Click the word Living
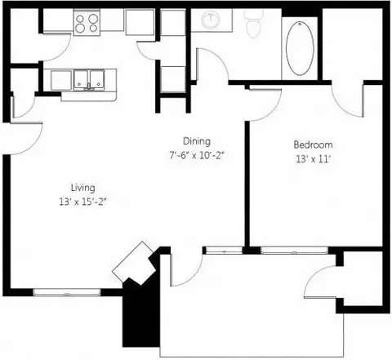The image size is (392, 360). pyautogui.click(x=82, y=188)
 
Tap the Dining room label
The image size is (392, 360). pyautogui.click(x=197, y=141)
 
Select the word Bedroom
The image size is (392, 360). pyautogui.click(x=313, y=144)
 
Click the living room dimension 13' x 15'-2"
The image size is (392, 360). pyautogui.click(x=82, y=202)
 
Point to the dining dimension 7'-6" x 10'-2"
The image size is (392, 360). pyautogui.click(x=197, y=156)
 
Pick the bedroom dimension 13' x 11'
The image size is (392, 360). pyautogui.click(x=313, y=159)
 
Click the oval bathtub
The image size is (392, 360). pyautogui.click(x=300, y=48)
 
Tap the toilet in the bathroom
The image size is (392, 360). pyautogui.click(x=254, y=24)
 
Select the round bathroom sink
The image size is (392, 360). pyautogui.click(x=211, y=20)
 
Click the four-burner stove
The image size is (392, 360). pyautogui.click(x=87, y=23)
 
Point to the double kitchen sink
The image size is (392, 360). pyautogui.click(x=89, y=80)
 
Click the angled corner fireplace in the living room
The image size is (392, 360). pyautogui.click(x=134, y=263)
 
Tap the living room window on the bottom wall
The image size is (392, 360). pyautogui.click(x=67, y=292)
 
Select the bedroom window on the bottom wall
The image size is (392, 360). pyautogui.click(x=294, y=250)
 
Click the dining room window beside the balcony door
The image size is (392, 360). pyautogui.click(x=224, y=250)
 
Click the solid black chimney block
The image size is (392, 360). pyautogui.click(x=140, y=313)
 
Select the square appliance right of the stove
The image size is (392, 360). pyautogui.click(x=140, y=22)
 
